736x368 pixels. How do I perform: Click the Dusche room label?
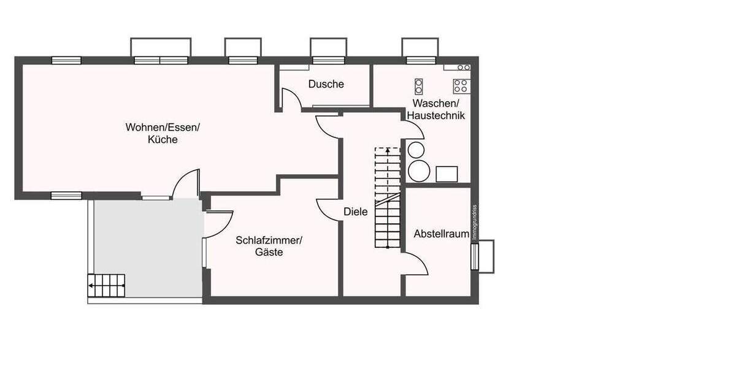click(326, 84)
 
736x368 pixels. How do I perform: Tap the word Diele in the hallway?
click(356, 212)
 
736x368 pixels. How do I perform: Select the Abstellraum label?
click(441, 234)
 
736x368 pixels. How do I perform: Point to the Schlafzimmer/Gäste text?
click(269, 246)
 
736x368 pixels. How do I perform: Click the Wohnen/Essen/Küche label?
click(163, 133)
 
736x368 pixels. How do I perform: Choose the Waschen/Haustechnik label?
click(439, 109)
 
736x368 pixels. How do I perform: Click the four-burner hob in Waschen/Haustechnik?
click(461, 85)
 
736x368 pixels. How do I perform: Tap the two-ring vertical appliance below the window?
click(419, 85)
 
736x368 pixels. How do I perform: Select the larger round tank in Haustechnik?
click(420, 171)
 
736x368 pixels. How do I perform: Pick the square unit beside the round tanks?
click(447, 174)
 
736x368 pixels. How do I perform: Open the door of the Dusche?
click(289, 100)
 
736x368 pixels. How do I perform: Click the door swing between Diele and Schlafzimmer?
click(328, 209)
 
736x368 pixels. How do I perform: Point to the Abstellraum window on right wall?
click(474, 256)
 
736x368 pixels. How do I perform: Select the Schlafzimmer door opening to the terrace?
click(219, 224)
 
